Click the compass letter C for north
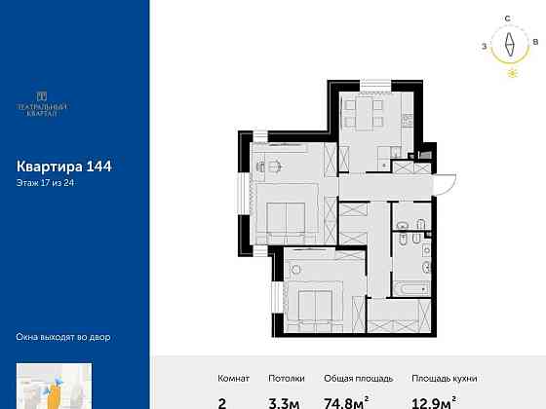click(x=508, y=19)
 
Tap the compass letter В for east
click(x=535, y=42)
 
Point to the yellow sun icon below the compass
click(x=513, y=73)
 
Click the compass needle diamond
click(x=510, y=44)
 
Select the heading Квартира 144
click(x=64, y=167)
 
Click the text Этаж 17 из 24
click(x=45, y=183)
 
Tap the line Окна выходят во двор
click(x=63, y=337)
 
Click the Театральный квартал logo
click(x=42, y=104)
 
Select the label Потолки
click(x=287, y=379)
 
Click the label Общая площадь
click(x=359, y=379)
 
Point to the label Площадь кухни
click(x=445, y=379)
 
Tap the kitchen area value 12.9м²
click(x=434, y=402)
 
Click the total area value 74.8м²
click(x=346, y=402)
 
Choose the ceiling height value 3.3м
click(x=284, y=403)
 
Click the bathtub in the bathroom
click(x=411, y=288)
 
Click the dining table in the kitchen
click(x=365, y=115)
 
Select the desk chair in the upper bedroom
click(x=275, y=167)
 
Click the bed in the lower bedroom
click(x=315, y=306)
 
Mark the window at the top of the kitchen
click(x=375, y=87)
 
